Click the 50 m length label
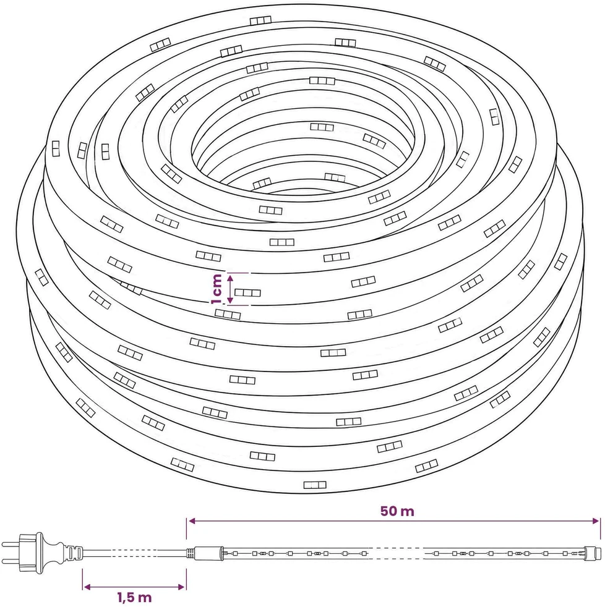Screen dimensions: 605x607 (x=397, y=511)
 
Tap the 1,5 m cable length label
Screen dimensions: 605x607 (x=134, y=597)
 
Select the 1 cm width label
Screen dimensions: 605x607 (x=217, y=289)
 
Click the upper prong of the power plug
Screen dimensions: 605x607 (x=11, y=545)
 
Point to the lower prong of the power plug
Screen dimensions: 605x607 (x=11, y=561)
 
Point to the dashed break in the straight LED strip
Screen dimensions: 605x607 (x=395, y=553)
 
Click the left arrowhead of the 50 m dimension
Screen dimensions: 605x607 (x=191, y=521)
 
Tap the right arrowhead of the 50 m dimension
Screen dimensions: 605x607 (x=596, y=521)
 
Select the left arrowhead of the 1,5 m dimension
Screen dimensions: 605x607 (x=87, y=587)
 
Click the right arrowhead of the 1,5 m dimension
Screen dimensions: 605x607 (x=181, y=587)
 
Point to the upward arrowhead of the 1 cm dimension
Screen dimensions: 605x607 (x=230, y=278)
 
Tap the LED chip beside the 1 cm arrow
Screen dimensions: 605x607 (x=247, y=292)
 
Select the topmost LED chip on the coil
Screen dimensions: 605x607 (x=260, y=20)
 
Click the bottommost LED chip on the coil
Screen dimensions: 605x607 (x=315, y=485)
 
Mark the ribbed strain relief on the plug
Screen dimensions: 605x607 (x=74, y=553)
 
